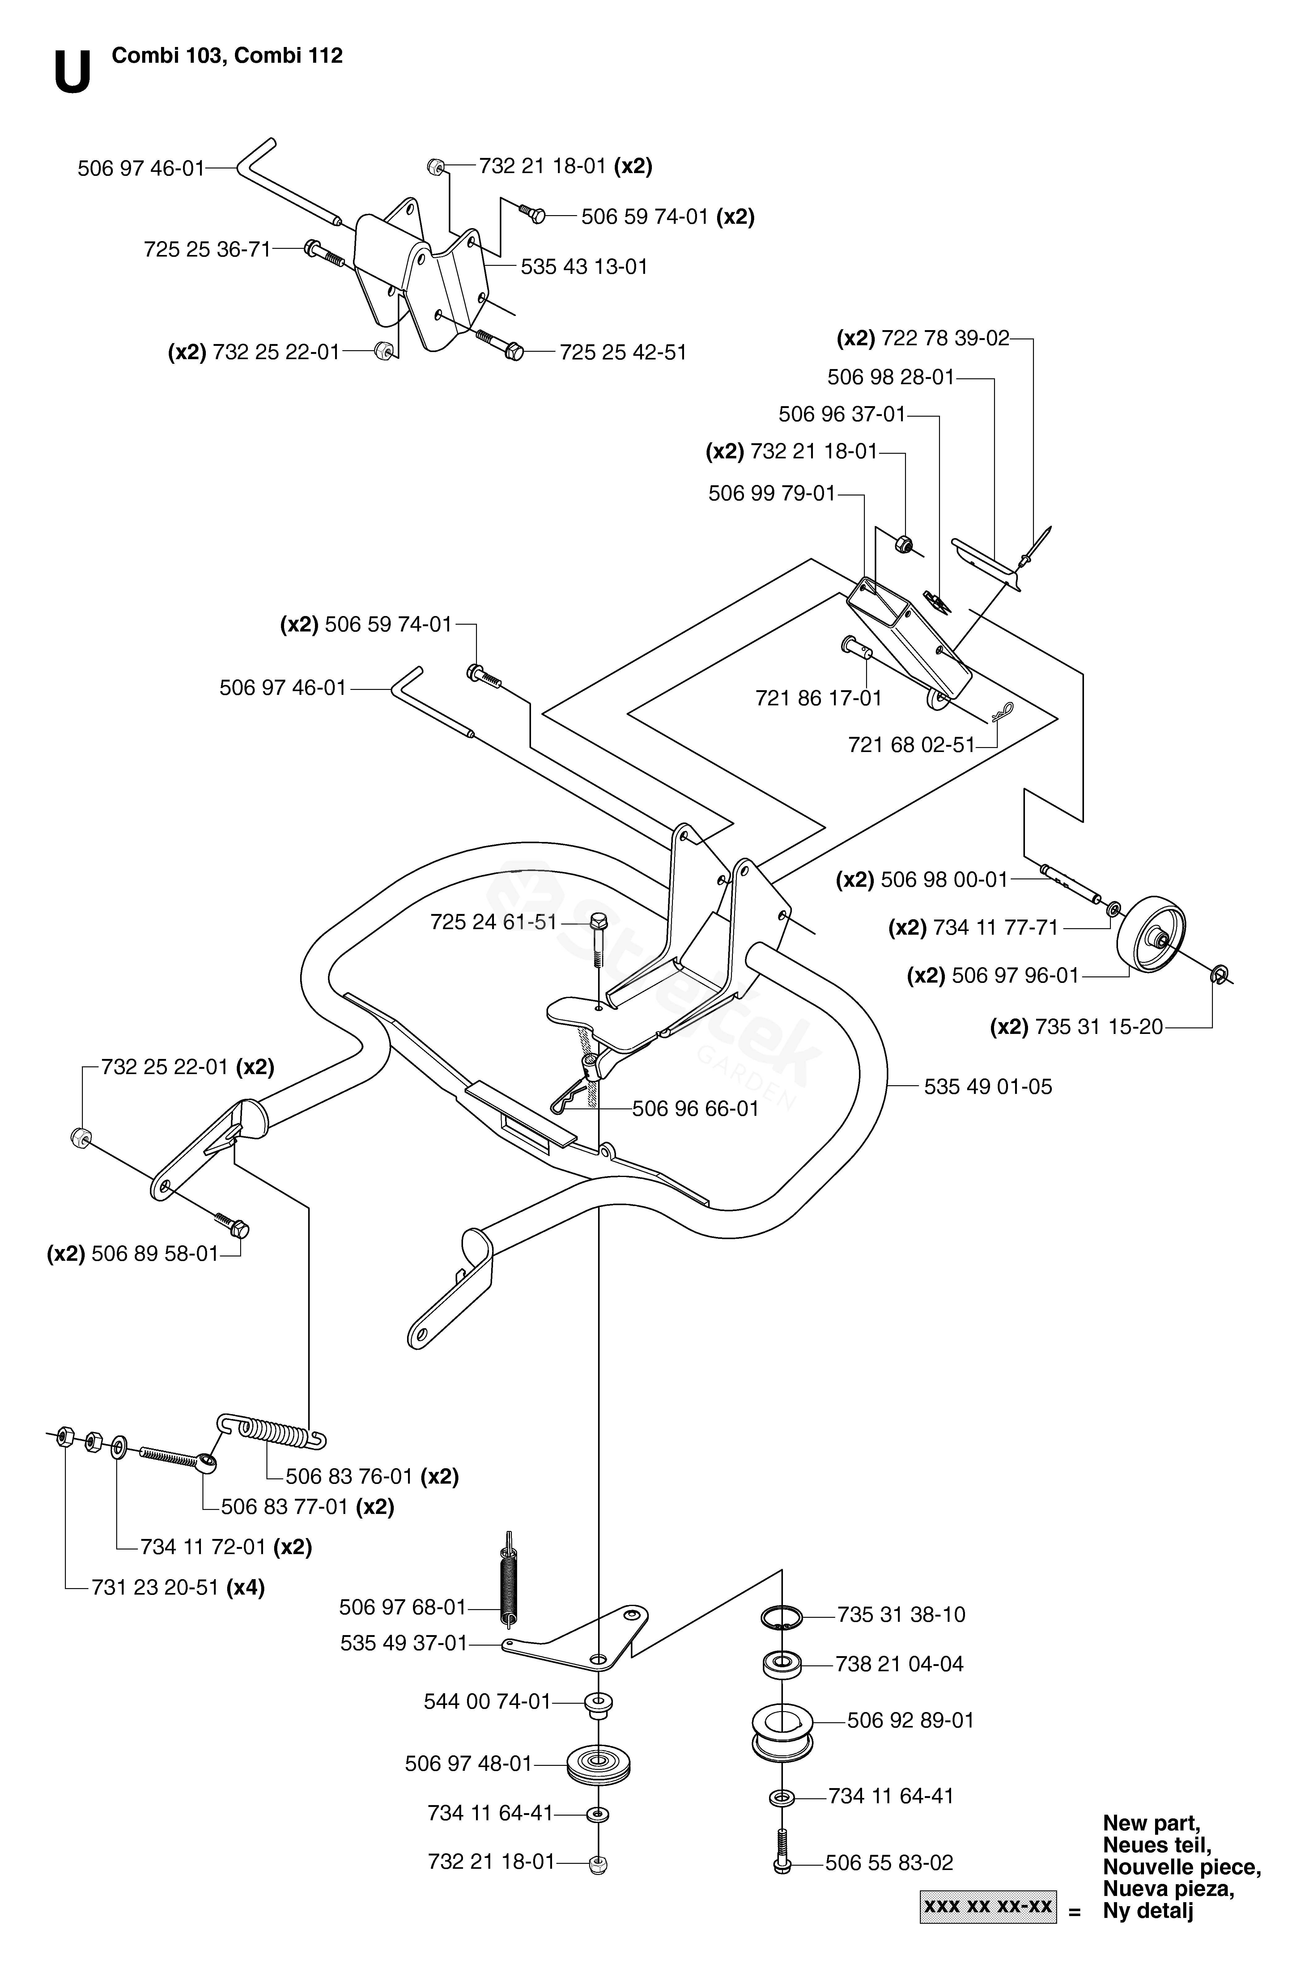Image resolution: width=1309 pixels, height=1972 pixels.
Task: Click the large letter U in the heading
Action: point(73,74)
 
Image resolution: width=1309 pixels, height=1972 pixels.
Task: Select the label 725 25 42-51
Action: point(623,352)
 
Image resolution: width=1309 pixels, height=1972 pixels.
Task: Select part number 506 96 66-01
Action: point(695,1109)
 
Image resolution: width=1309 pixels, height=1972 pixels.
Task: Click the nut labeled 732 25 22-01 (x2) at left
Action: point(81,1137)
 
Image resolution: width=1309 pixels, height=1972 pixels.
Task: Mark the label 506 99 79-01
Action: point(771,493)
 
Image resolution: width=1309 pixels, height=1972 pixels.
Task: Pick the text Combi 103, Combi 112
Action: point(227,56)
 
